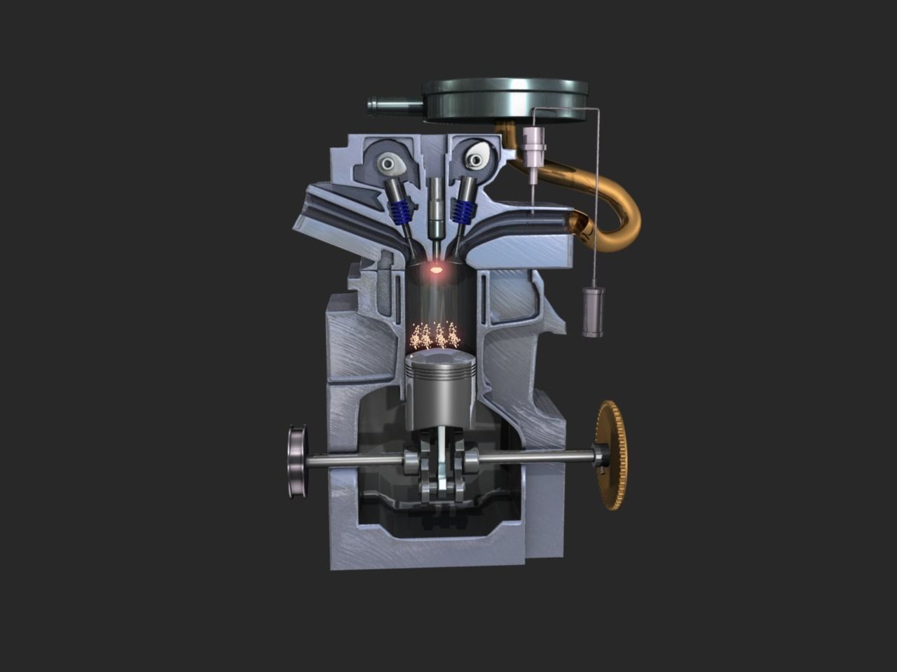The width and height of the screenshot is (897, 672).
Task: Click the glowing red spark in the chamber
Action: [x=437, y=268]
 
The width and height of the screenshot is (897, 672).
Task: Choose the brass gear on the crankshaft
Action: [x=614, y=455]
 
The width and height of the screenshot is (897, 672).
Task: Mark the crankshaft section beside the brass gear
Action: [x=547, y=458]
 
